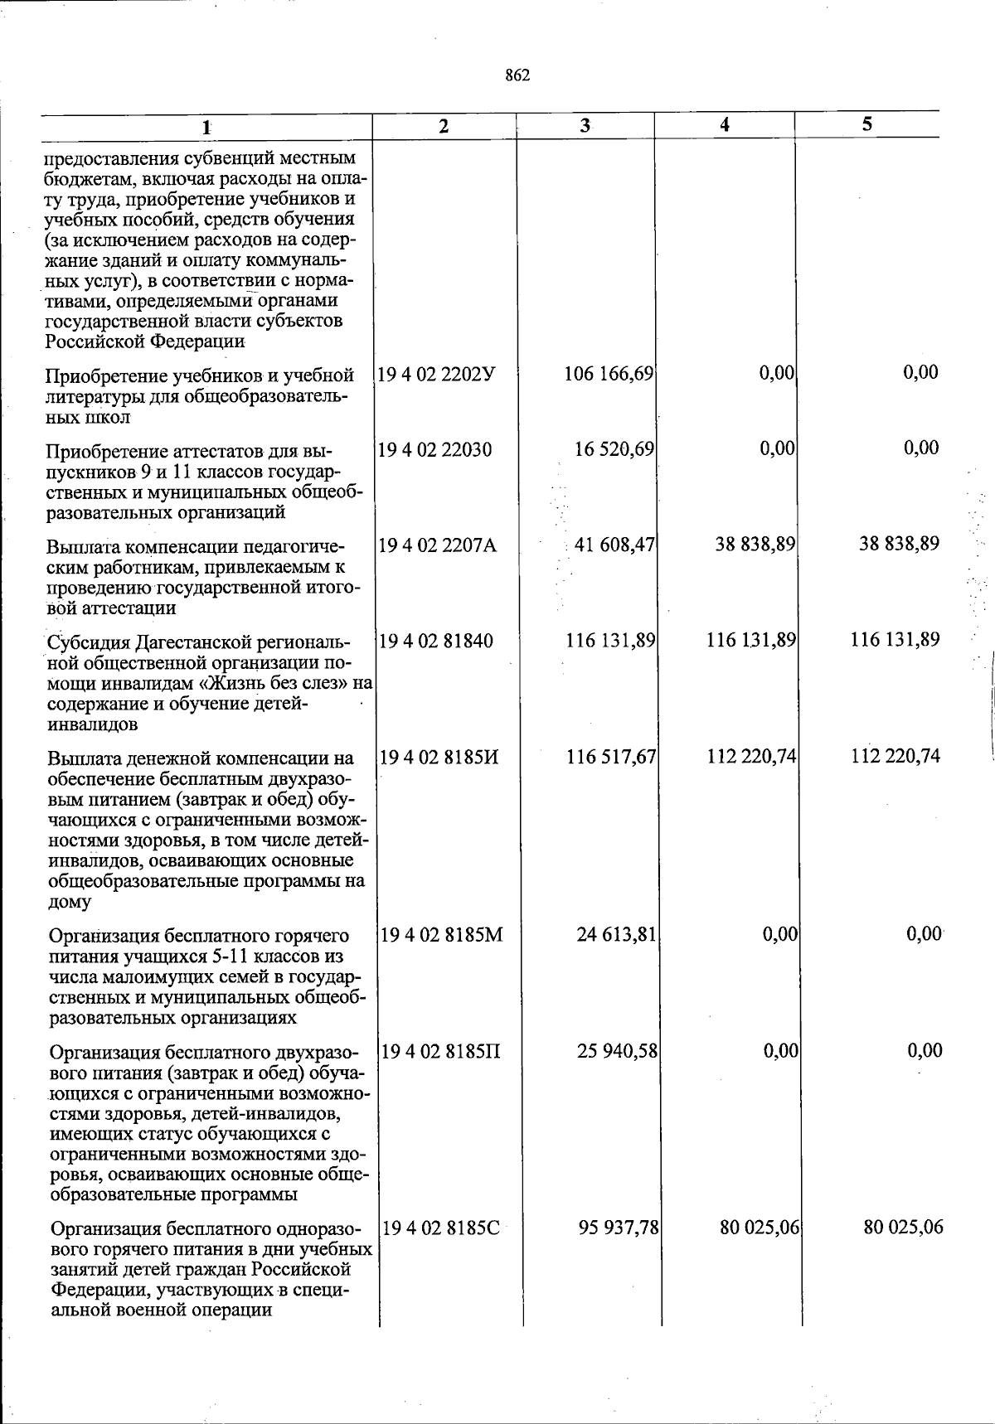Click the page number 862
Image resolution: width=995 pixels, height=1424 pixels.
tap(517, 76)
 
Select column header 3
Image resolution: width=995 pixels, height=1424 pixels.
tap(585, 125)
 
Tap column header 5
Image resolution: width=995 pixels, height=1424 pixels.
tap(866, 124)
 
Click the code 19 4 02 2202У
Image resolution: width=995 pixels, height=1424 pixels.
tap(436, 374)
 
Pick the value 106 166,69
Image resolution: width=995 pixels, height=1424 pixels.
tap(609, 374)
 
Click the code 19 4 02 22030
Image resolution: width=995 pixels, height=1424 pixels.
tap(434, 450)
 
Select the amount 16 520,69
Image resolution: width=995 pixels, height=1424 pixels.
tap(614, 449)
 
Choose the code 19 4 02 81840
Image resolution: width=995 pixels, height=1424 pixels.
tap(435, 641)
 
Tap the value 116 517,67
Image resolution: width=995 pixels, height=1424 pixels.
tap(612, 757)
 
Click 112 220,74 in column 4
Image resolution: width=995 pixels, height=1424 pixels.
tap(752, 757)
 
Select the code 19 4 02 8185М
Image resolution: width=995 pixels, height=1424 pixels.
tap(441, 936)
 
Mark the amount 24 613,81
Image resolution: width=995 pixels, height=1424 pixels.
tap(617, 935)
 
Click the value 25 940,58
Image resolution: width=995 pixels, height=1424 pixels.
tap(618, 1052)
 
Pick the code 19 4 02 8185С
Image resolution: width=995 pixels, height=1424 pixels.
tap(440, 1228)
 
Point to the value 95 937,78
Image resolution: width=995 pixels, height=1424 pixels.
tap(619, 1228)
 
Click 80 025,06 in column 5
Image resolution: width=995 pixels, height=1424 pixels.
tap(903, 1228)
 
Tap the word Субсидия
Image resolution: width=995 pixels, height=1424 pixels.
tap(86, 643)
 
